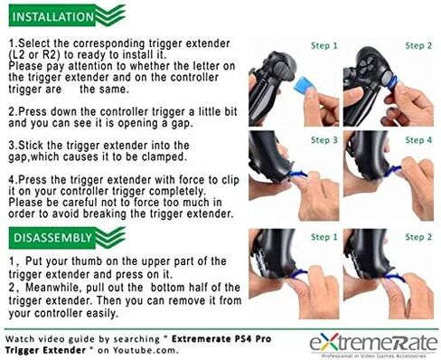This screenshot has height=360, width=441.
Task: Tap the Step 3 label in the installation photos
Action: (x=324, y=140)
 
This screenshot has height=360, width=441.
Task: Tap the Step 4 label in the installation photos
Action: (x=418, y=140)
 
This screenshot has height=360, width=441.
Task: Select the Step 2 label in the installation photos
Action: (x=418, y=46)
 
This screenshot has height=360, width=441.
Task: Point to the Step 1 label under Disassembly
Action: (x=324, y=237)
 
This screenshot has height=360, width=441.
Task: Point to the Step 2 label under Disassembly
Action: (x=418, y=237)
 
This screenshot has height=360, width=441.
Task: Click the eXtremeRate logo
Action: (x=373, y=343)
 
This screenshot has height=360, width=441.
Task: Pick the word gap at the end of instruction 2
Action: (x=182, y=124)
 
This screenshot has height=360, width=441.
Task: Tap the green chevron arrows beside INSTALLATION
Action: (x=110, y=15)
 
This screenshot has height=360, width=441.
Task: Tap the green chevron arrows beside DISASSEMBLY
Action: (x=110, y=237)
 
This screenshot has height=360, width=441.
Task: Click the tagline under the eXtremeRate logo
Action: (x=373, y=356)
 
